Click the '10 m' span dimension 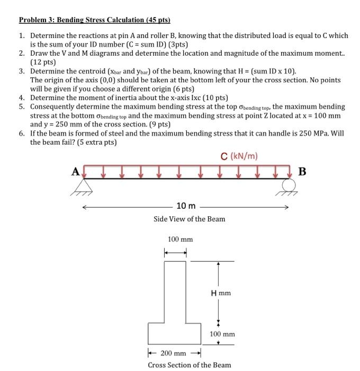185,206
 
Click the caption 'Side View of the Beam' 189,219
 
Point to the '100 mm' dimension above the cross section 180,240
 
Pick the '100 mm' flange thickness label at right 222,334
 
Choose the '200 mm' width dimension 174,353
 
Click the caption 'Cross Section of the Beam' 189,365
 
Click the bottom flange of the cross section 175,333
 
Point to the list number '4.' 22,98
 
